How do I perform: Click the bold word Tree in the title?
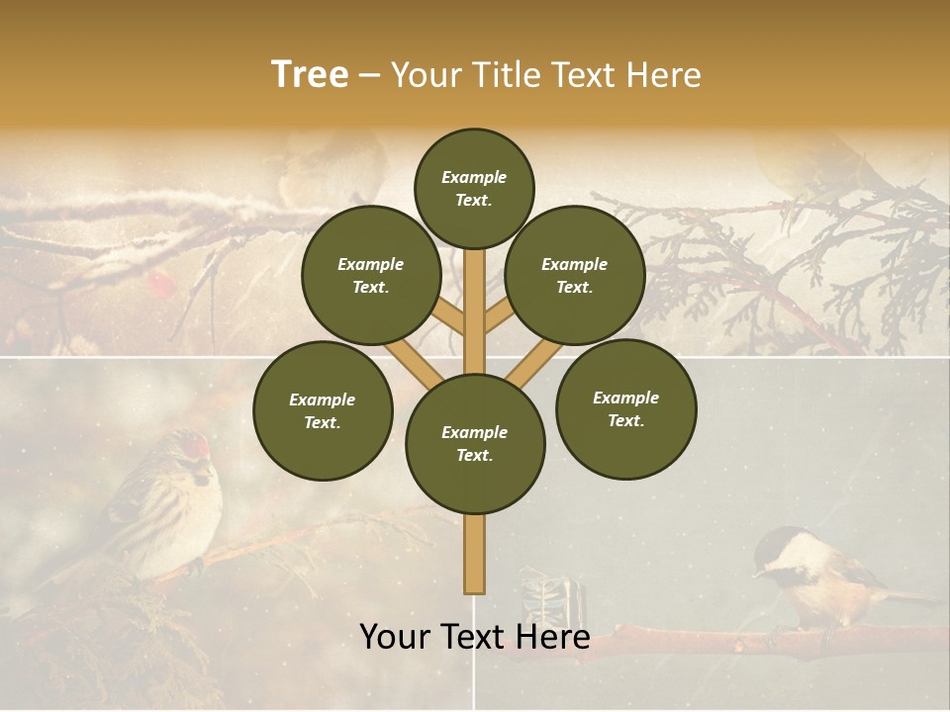[310, 75]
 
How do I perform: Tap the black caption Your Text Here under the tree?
[474, 638]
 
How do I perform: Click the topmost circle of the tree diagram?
[474, 188]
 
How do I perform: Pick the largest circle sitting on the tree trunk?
[475, 444]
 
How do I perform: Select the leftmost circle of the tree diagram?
[323, 410]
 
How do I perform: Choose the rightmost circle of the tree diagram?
[625, 408]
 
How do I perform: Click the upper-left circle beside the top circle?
[371, 275]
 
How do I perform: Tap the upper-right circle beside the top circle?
[575, 275]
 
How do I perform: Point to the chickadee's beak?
[756, 573]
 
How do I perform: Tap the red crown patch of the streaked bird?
[201, 444]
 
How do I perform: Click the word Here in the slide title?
[664, 75]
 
